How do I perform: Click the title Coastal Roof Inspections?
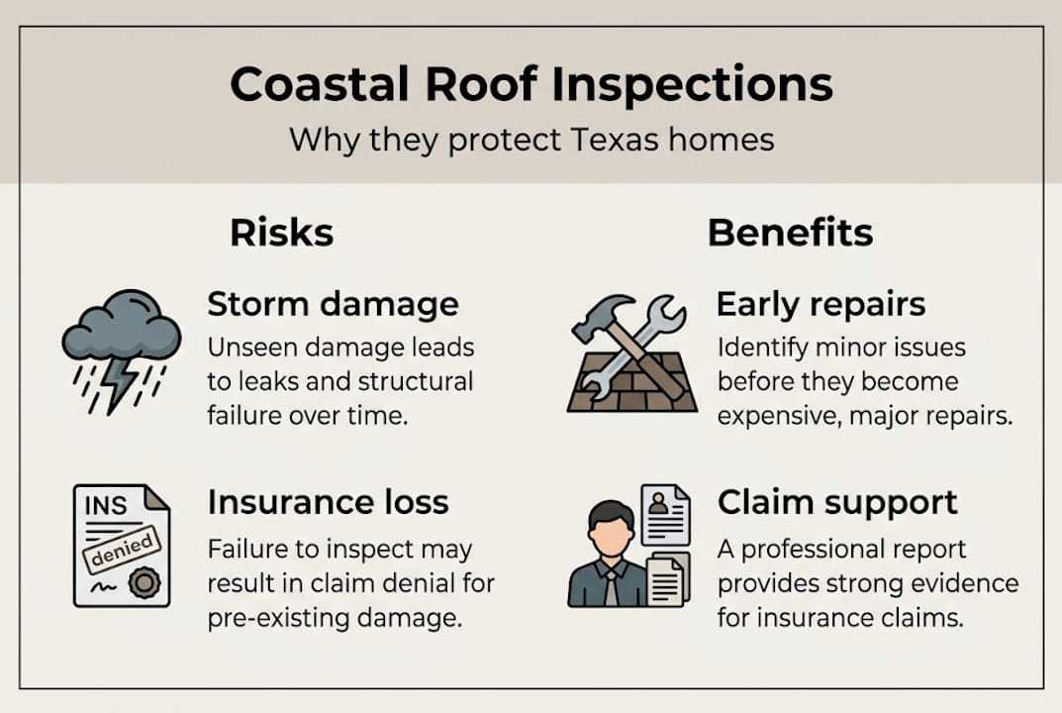[x=531, y=85]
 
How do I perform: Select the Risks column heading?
[x=281, y=233]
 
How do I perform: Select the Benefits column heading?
[x=790, y=233]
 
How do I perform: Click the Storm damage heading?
[x=333, y=305]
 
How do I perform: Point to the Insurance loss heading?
[x=328, y=502]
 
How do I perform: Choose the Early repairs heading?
[x=821, y=305]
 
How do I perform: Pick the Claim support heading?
[x=836, y=502]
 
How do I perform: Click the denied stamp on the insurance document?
[x=121, y=548]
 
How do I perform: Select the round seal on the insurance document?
[x=145, y=583]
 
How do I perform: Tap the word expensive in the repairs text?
[x=778, y=415]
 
